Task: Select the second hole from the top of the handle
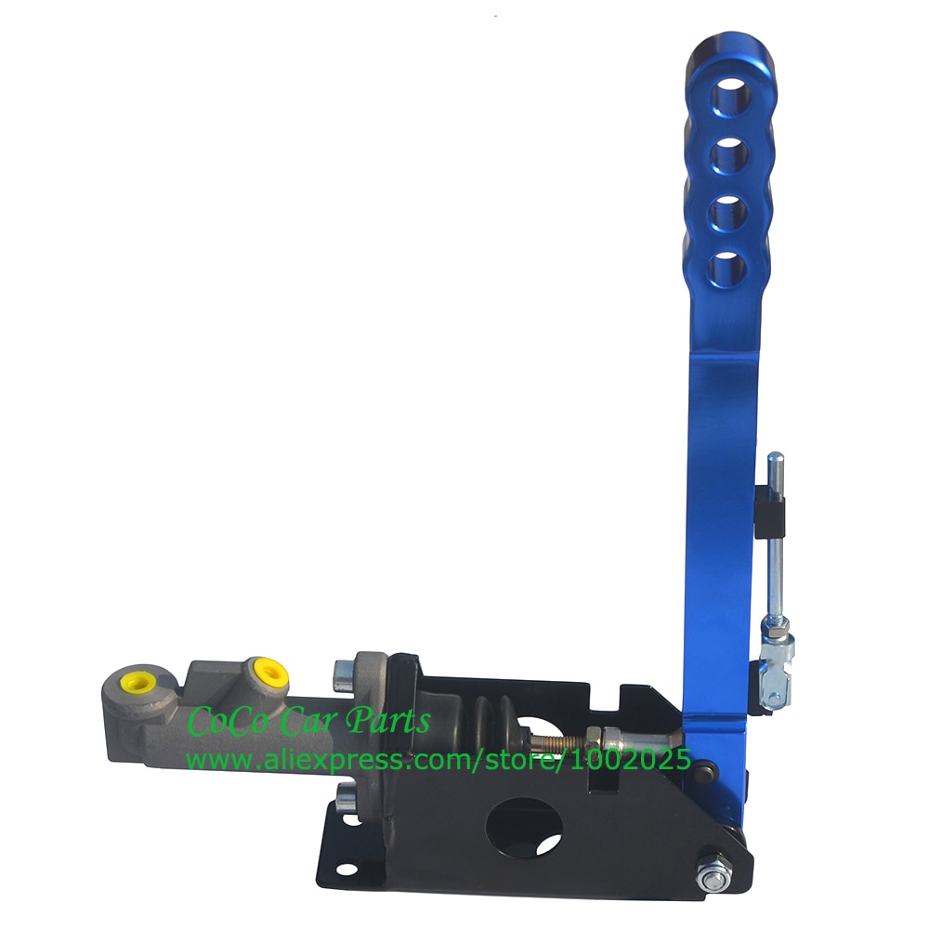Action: tap(731, 154)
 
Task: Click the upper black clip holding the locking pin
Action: tap(771, 507)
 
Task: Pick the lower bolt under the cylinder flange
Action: tap(345, 796)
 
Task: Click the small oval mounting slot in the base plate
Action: tap(345, 870)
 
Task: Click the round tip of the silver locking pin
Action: tap(774, 459)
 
